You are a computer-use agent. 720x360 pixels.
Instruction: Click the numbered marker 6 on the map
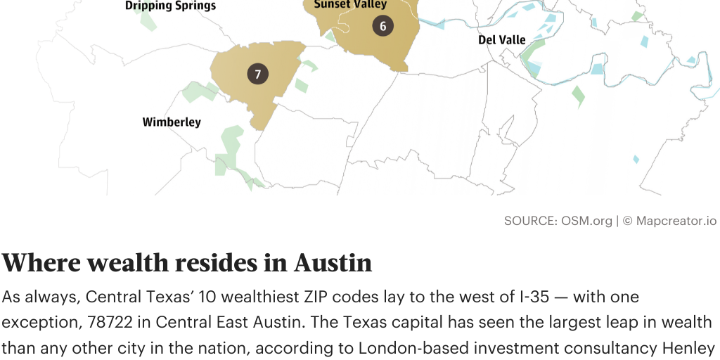[382, 27]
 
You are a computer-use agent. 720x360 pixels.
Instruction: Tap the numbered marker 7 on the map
[258, 74]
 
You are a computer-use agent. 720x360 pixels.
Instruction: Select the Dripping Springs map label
[170, 6]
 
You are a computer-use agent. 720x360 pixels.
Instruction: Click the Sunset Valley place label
[350, 4]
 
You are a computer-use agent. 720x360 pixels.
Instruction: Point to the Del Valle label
[502, 40]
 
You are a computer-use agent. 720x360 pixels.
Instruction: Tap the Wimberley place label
[172, 122]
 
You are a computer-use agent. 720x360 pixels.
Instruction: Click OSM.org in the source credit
[586, 221]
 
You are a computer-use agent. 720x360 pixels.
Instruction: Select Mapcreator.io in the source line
[676, 221]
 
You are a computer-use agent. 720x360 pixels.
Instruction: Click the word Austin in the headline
[333, 263]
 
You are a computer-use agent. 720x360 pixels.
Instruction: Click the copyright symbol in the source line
[627, 221]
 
